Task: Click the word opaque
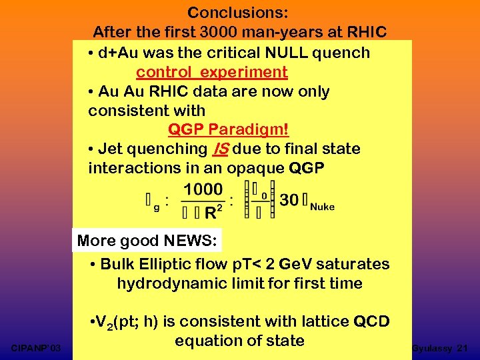pyautogui.click(x=257, y=168)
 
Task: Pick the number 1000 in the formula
pyautogui.click(x=203, y=189)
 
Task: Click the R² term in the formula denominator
pyautogui.click(x=214, y=213)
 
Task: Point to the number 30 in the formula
pyautogui.click(x=289, y=200)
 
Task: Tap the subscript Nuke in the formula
pyautogui.click(x=323, y=207)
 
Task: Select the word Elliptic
pyautogui.click(x=168, y=264)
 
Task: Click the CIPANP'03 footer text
pyautogui.click(x=37, y=348)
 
